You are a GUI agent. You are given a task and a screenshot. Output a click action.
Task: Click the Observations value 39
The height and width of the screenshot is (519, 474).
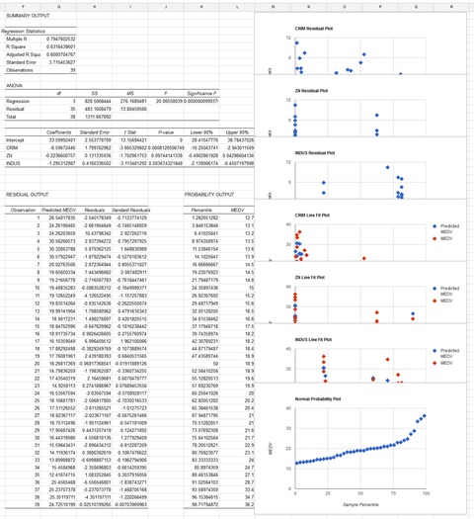coord(75,70)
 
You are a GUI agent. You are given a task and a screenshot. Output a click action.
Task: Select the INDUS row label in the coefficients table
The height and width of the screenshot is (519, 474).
coord(13,162)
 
